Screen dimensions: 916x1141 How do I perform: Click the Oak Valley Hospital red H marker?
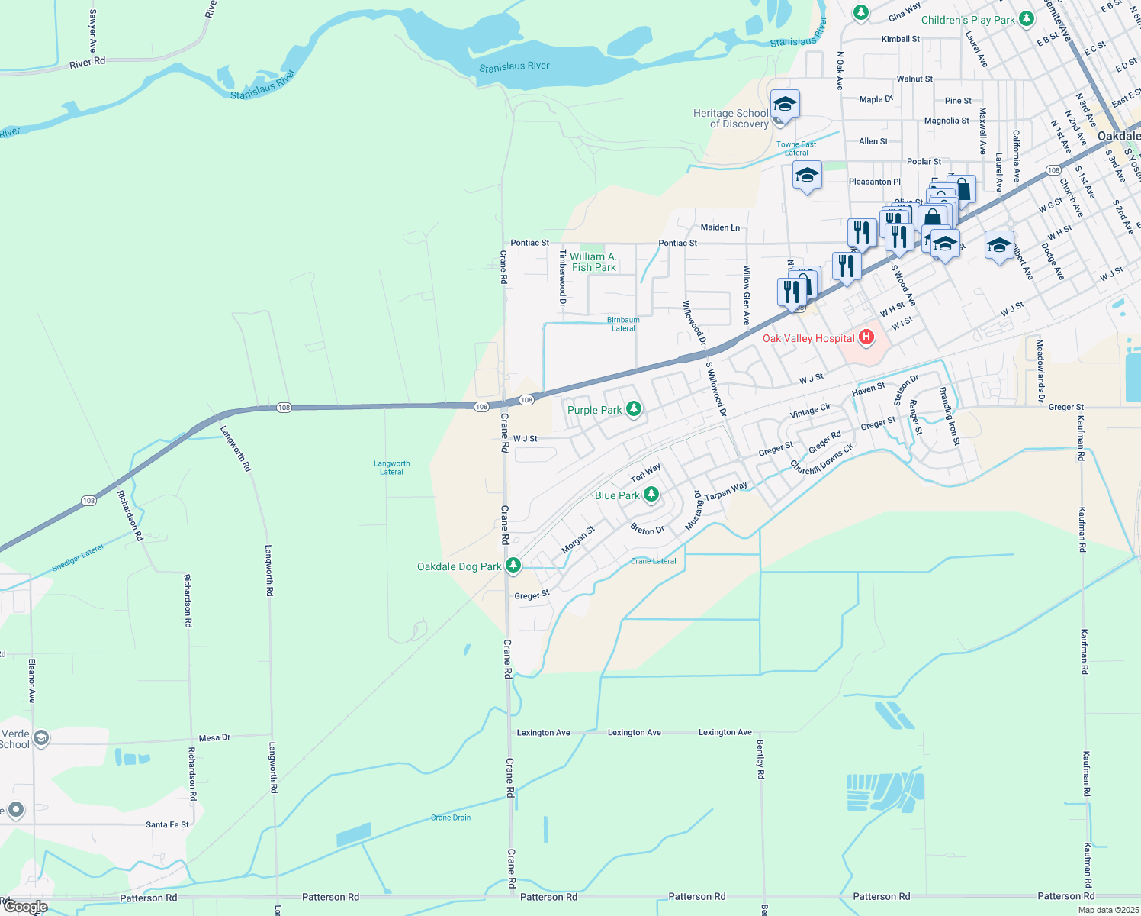tap(866, 337)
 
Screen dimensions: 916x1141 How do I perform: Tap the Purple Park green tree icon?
tap(633, 410)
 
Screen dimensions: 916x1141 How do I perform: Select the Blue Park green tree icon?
tap(651, 495)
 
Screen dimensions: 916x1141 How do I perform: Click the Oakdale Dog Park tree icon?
tap(513, 566)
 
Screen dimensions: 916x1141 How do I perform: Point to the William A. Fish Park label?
tap(593, 262)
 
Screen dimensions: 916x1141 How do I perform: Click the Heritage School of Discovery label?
tap(731, 118)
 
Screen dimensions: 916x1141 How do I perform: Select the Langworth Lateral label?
tap(392, 467)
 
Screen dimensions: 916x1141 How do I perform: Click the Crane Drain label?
tap(451, 818)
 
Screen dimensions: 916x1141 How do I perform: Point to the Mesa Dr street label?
tap(214, 738)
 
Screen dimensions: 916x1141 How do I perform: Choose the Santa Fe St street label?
tap(167, 825)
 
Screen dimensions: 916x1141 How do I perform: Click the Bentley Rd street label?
tap(760, 759)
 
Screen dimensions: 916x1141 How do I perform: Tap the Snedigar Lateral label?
tap(77, 558)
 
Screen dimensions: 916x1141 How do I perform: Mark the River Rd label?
tap(87, 63)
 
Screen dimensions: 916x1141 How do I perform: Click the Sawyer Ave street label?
tap(92, 26)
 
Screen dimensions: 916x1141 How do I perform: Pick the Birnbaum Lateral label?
tap(623, 324)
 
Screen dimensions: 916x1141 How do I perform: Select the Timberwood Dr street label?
tap(562, 278)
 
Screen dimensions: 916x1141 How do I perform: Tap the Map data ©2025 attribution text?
tap(1108, 910)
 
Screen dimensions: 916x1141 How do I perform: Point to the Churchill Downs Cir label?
tap(821, 458)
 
